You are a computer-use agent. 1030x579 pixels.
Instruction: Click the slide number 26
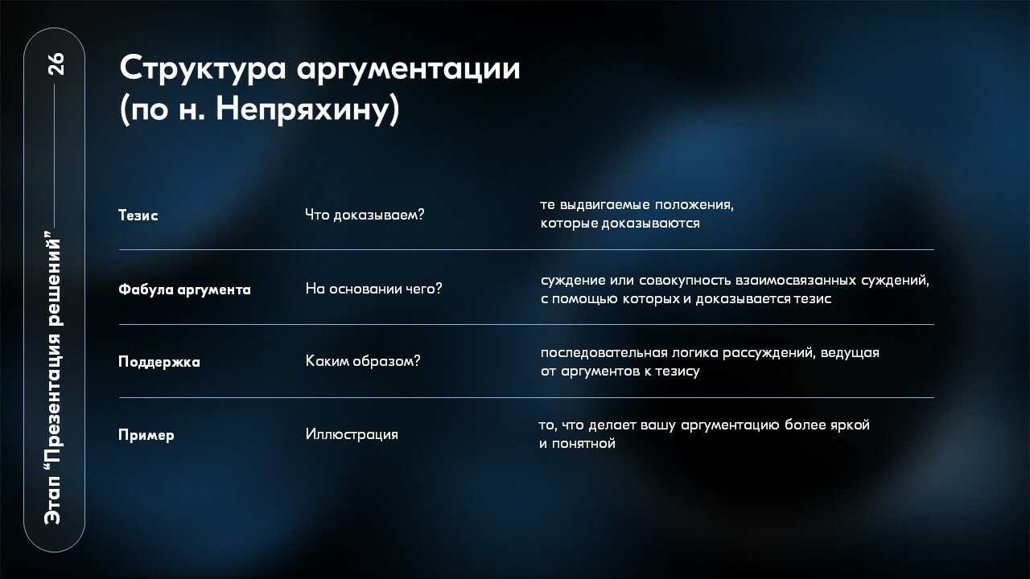coord(56,64)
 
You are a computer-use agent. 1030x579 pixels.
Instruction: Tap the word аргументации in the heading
coord(408,70)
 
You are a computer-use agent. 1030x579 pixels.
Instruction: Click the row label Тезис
coord(138,215)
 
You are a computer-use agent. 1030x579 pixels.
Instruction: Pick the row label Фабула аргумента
coord(184,289)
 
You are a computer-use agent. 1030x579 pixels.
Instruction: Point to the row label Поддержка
coord(159,362)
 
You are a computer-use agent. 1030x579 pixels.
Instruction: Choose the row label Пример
coord(146,435)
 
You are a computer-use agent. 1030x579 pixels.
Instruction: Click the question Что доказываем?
coord(365,215)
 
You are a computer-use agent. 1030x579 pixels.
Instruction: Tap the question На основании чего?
coord(373,289)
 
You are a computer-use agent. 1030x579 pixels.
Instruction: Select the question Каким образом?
coord(363,361)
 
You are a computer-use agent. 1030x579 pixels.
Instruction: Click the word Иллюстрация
coord(352,434)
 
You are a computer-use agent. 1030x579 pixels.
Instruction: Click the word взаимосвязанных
coord(796,281)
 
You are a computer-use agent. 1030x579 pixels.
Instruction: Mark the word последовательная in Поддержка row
coord(604,353)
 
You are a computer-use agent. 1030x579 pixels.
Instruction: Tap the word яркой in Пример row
coord(850,425)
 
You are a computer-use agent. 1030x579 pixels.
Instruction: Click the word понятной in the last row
coord(583,444)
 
